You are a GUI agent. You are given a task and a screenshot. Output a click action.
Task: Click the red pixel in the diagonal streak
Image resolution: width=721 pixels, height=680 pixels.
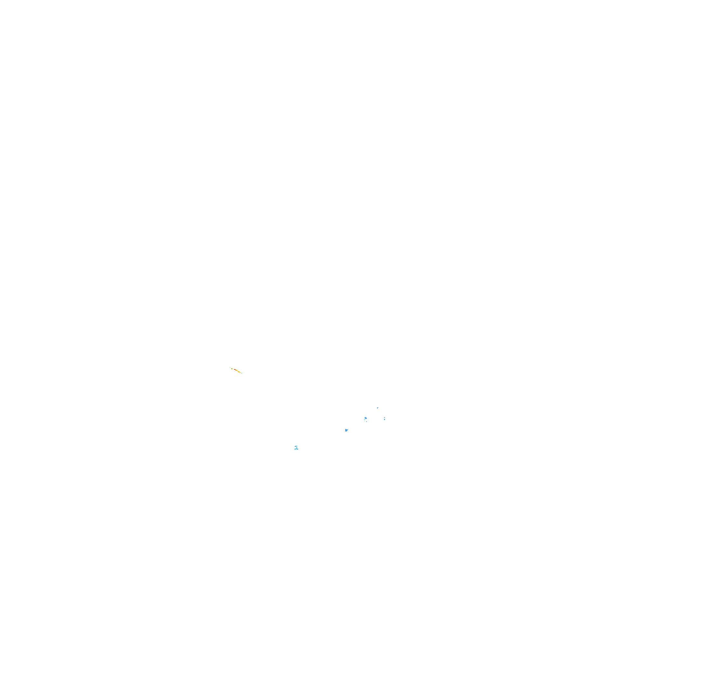(235, 369)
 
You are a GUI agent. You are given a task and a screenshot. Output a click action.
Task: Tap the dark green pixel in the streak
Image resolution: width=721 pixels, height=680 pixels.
(232, 369)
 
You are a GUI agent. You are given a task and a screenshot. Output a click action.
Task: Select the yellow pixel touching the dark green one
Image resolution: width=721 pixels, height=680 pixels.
(233, 369)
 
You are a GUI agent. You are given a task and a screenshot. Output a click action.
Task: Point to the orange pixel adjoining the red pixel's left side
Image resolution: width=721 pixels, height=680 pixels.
(234, 369)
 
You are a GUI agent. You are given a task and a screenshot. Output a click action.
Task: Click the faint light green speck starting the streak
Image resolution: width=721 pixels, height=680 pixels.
(230, 368)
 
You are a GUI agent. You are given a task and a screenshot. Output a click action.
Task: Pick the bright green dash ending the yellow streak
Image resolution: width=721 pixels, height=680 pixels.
(242, 373)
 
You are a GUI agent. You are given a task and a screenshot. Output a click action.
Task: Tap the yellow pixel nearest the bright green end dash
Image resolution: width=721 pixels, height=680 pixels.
(240, 373)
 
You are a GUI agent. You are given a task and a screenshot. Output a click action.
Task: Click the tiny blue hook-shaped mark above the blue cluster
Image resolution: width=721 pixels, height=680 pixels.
(378, 408)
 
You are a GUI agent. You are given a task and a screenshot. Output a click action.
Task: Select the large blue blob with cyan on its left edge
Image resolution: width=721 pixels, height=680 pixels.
(366, 418)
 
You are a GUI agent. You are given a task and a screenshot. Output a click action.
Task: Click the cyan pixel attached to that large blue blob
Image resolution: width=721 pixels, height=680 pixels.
(365, 418)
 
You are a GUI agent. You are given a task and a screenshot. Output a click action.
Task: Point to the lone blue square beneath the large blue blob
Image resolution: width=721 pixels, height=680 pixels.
(367, 422)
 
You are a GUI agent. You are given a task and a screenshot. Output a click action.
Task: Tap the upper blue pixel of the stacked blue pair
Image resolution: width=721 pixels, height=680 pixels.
(384, 418)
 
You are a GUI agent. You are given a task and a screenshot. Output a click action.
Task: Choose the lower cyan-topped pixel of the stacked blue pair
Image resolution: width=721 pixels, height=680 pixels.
(384, 420)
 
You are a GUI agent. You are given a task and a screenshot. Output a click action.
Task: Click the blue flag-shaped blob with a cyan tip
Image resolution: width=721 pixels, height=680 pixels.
(346, 431)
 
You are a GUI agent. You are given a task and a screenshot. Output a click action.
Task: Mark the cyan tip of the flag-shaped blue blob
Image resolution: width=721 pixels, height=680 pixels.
(348, 430)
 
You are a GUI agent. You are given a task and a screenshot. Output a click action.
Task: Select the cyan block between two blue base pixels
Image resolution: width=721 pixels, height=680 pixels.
(296, 449)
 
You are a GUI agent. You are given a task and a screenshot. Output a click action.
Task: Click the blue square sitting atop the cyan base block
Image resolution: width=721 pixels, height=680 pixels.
(297, 448)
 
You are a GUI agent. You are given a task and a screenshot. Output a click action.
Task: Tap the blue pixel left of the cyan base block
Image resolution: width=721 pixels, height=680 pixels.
(295, 449)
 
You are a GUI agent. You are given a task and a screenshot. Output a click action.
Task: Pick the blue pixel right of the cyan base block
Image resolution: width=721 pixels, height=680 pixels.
(298, 449)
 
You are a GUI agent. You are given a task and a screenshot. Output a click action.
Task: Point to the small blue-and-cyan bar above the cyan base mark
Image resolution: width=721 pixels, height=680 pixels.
(296, 446)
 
